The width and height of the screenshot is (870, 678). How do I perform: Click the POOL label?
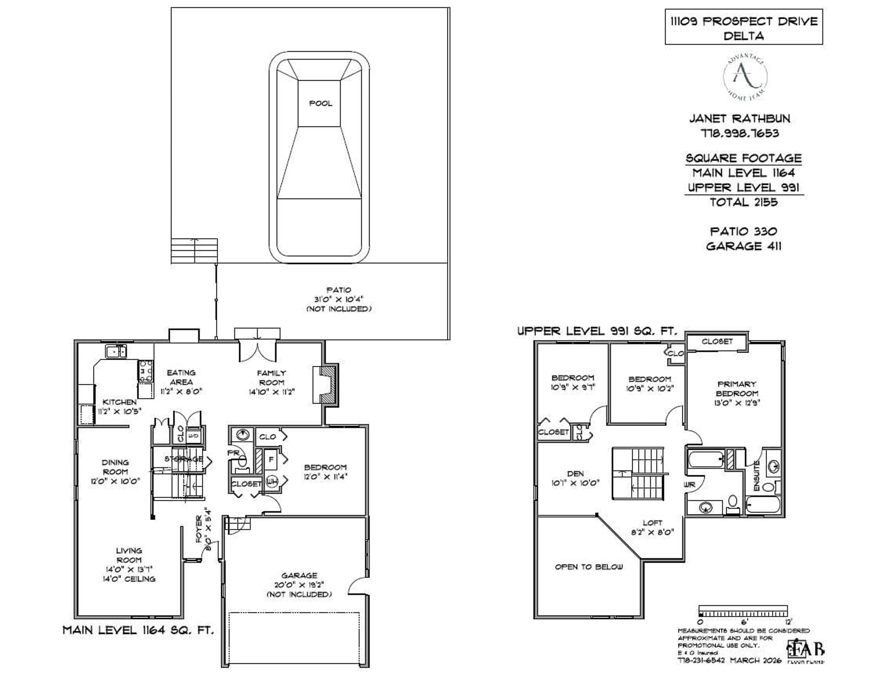(x=320, y=103)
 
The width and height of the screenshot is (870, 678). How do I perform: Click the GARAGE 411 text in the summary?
(x=743, y=246)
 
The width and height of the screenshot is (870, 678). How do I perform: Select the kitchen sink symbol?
(x=116, y=351)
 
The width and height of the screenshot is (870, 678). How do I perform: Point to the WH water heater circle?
(x=272, y=481)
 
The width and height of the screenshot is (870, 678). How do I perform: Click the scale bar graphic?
(x=743, y=611)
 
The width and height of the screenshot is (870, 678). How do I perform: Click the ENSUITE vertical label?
(x=757, y=476)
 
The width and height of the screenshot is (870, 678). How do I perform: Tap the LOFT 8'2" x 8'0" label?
(x=652, y=527)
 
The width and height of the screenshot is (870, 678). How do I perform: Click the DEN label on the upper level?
(x=575, y=473)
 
